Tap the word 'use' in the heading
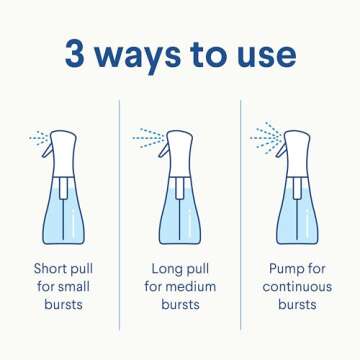(x=264, y=55)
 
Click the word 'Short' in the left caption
(x=49, y=268)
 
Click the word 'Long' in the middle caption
(x=164, y=268)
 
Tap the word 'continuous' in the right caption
(x=298, y=286)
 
